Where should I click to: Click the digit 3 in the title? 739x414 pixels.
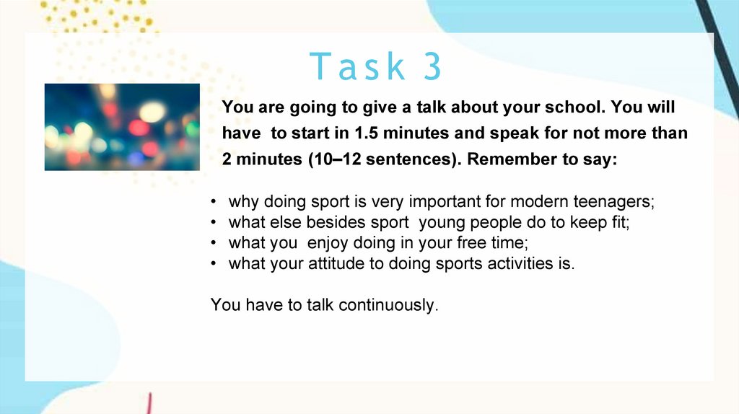tap(433, 66)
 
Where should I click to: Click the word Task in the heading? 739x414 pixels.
tap(357, 66)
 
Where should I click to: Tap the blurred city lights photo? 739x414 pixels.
tap(122, 127)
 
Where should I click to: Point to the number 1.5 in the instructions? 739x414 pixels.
tap(366, 133)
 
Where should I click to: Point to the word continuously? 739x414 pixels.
tap(388, 305)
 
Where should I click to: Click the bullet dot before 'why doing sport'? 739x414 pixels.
tap(214, 202)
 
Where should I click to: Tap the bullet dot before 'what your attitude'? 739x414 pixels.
tap(214, 264)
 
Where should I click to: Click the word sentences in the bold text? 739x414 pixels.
tap(412, 159)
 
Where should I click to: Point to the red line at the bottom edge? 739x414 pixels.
tap(149, 404)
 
